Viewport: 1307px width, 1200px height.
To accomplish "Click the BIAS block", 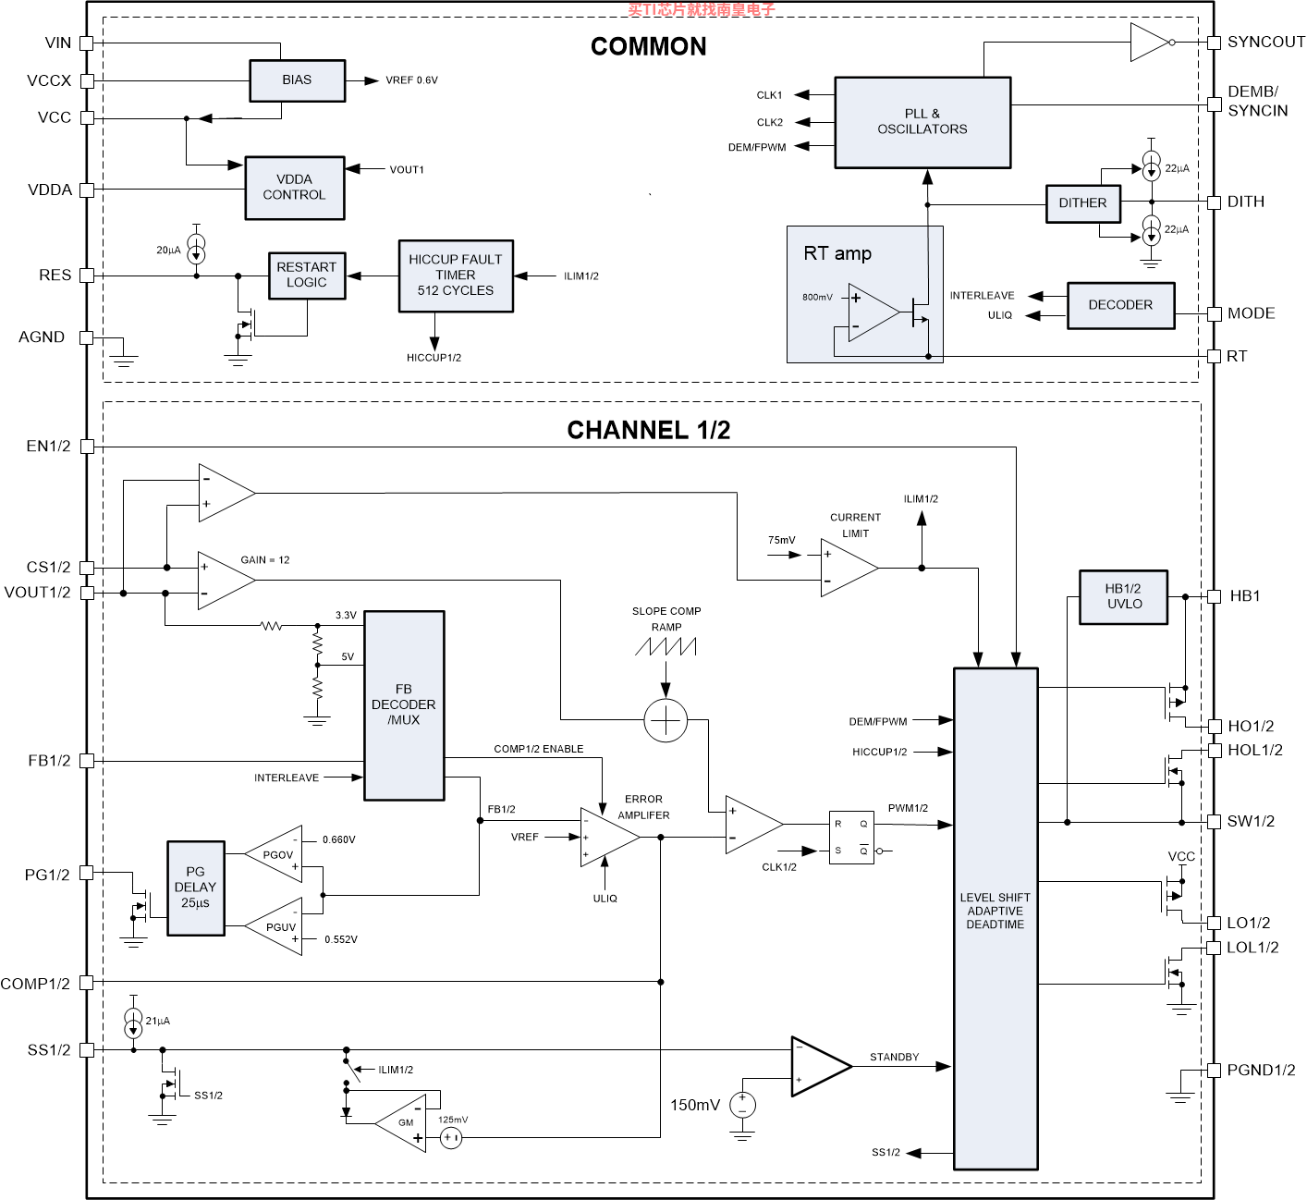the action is click(297, 80).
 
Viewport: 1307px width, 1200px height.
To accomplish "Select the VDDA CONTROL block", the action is click(295, 188).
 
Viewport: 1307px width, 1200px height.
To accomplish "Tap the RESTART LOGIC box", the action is click(307, 276).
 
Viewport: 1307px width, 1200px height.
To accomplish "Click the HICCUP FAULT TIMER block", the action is click(456, 276).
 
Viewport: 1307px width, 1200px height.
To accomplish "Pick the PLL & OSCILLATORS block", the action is click(922, 123).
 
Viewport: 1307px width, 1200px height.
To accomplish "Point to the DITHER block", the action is click(1083, 203).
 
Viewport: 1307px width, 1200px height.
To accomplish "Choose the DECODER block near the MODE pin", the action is click(1120, 305).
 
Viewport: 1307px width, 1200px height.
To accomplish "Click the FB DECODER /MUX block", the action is click(404, 705).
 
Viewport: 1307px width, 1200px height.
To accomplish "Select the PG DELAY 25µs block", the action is click(195, 888).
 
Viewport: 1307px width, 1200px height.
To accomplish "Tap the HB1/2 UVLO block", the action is click(1123, 597).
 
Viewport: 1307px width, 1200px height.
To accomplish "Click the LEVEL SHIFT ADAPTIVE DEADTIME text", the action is click(995, 911).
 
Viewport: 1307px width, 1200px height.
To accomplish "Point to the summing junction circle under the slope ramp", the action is click(666, 720).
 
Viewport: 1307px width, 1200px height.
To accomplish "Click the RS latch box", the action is click(851, 838).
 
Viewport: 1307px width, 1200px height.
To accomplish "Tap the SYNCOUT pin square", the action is click(1214, 43).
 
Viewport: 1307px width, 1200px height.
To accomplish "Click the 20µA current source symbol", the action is click(196, 248).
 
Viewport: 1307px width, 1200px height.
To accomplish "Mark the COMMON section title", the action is click(648, 47).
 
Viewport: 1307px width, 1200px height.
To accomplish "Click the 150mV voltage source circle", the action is click(742, 1105).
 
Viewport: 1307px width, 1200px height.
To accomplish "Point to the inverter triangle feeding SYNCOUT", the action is click(1150, 43).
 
